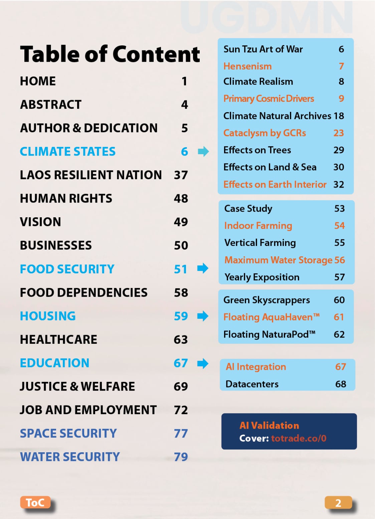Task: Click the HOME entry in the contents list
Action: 38,81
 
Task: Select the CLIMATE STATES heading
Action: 67,152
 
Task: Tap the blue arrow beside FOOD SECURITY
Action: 203,268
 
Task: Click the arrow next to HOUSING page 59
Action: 203,316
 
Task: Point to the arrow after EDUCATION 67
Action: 203,363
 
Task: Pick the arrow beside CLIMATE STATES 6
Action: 203,152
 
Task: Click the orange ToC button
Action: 35,502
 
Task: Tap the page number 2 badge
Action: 338,503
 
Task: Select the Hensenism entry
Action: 247,66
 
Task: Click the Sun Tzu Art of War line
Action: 263,49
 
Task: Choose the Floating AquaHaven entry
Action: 271,317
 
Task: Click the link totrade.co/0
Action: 299,438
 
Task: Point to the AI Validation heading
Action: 269,425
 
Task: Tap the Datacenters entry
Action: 252,384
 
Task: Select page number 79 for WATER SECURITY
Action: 181,457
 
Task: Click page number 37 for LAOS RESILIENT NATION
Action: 181,175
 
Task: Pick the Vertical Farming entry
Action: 260,243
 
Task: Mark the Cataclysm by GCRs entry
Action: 264,133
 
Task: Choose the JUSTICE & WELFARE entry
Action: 77,386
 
